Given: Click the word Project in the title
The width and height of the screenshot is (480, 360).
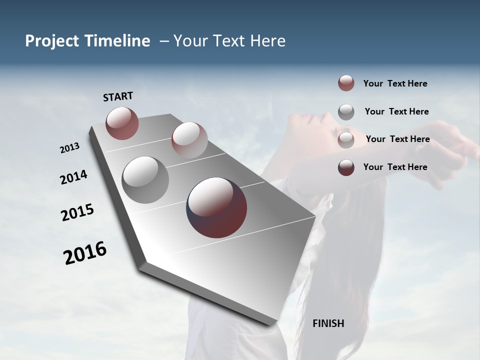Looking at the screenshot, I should (49, 41).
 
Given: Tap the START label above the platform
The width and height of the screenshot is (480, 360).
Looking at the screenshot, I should (118, 96).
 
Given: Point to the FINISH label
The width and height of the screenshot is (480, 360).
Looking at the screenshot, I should (328, 323).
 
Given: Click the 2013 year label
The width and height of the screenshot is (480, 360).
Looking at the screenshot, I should (70, 148).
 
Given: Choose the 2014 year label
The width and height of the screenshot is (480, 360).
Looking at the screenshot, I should (73, 177).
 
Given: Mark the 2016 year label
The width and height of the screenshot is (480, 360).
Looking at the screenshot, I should (85, 253).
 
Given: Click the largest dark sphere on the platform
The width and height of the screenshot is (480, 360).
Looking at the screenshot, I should (216, 207).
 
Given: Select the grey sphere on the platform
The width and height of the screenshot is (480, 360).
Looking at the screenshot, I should (145, 180).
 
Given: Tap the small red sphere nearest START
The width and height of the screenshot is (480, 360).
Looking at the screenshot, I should (122, 123).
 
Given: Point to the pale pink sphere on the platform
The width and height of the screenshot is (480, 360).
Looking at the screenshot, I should (189, 139).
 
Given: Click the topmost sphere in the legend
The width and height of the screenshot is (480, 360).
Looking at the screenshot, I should (346, 83).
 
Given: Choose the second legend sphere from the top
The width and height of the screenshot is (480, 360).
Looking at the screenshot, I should (346, 112).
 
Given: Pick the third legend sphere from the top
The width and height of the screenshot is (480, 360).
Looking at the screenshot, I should (346, 139).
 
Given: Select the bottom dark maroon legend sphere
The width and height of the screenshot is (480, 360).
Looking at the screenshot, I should (346, 167).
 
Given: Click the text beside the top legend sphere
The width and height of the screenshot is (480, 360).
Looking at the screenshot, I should (395, 84).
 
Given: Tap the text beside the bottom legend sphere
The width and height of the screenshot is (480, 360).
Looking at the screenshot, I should (395, 167).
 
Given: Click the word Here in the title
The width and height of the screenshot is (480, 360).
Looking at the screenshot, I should (267, 41).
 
